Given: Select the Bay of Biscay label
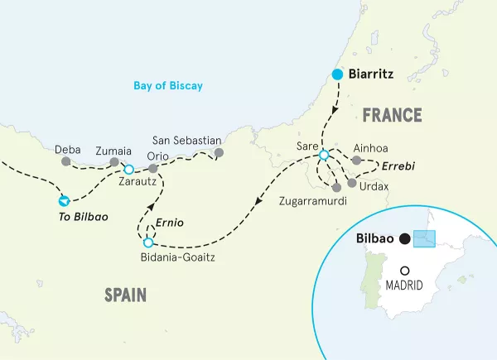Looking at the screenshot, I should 169,85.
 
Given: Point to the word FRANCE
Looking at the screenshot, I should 391,115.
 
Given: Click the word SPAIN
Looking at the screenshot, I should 126,294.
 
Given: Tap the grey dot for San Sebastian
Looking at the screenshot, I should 219,152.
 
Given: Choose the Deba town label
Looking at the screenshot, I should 67,151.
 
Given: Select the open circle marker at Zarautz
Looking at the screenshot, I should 128,169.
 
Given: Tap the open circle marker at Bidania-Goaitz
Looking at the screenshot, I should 148,243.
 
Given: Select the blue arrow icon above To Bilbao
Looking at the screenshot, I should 64,199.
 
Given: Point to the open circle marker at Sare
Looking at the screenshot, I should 324,155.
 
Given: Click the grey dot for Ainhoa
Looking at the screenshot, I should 356,161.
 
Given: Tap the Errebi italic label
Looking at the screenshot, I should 400,166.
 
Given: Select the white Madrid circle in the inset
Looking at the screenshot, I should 404,271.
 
